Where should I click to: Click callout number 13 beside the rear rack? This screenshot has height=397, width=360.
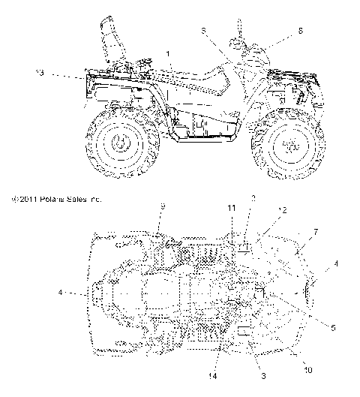tap(40, 72)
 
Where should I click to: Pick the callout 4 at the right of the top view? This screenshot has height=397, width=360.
tap(335, 263)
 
